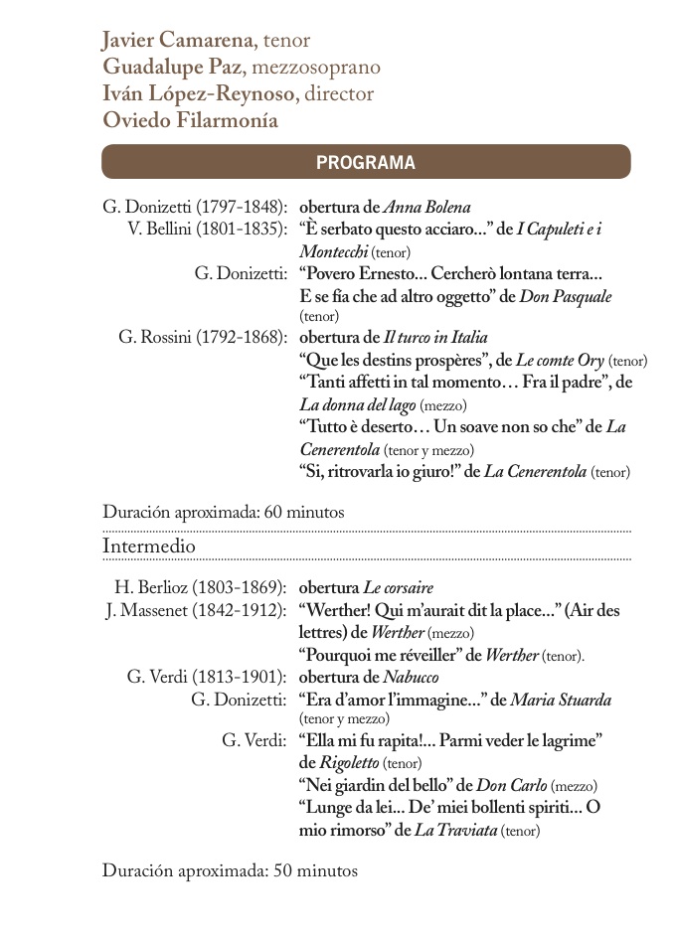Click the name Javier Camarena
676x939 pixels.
[176, 41]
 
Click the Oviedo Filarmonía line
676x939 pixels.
[189, 121]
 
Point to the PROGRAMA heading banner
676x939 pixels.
[366, 162]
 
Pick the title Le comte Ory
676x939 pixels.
[560, 359]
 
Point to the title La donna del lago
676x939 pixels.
[357, 404]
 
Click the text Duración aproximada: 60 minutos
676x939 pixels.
[224, 513]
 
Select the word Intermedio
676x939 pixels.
[148, 547]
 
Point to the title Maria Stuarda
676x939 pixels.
[561, 700]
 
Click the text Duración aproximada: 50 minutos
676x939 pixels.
[230, 870]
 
